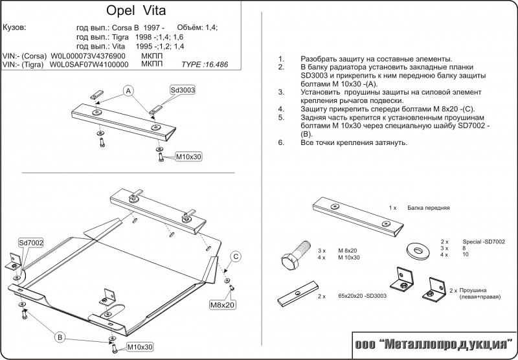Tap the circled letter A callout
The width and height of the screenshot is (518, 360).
click(128, 90)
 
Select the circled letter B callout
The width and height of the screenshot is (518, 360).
click(59, 336)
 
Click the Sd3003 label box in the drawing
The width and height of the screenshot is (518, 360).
click(183, 90)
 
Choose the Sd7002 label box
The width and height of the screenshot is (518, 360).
click(30, 242)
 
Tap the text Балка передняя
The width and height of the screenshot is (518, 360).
click(429, 208)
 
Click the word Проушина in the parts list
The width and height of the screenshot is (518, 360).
click(472, 291)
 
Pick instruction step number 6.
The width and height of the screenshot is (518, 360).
click(280, 142)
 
